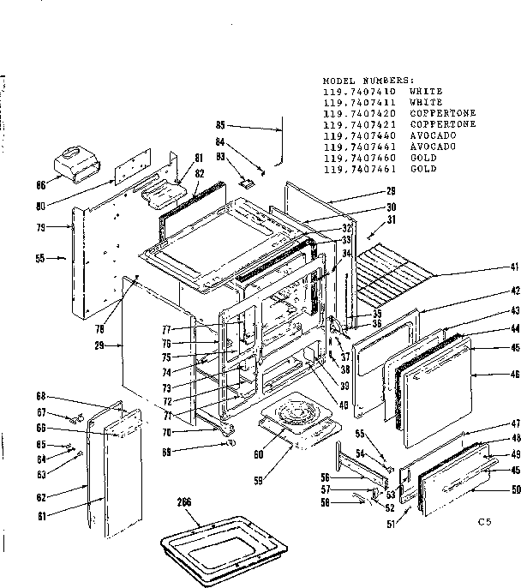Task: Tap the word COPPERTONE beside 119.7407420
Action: tap(442, 113)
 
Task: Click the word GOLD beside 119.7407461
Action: tap(423, 169)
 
